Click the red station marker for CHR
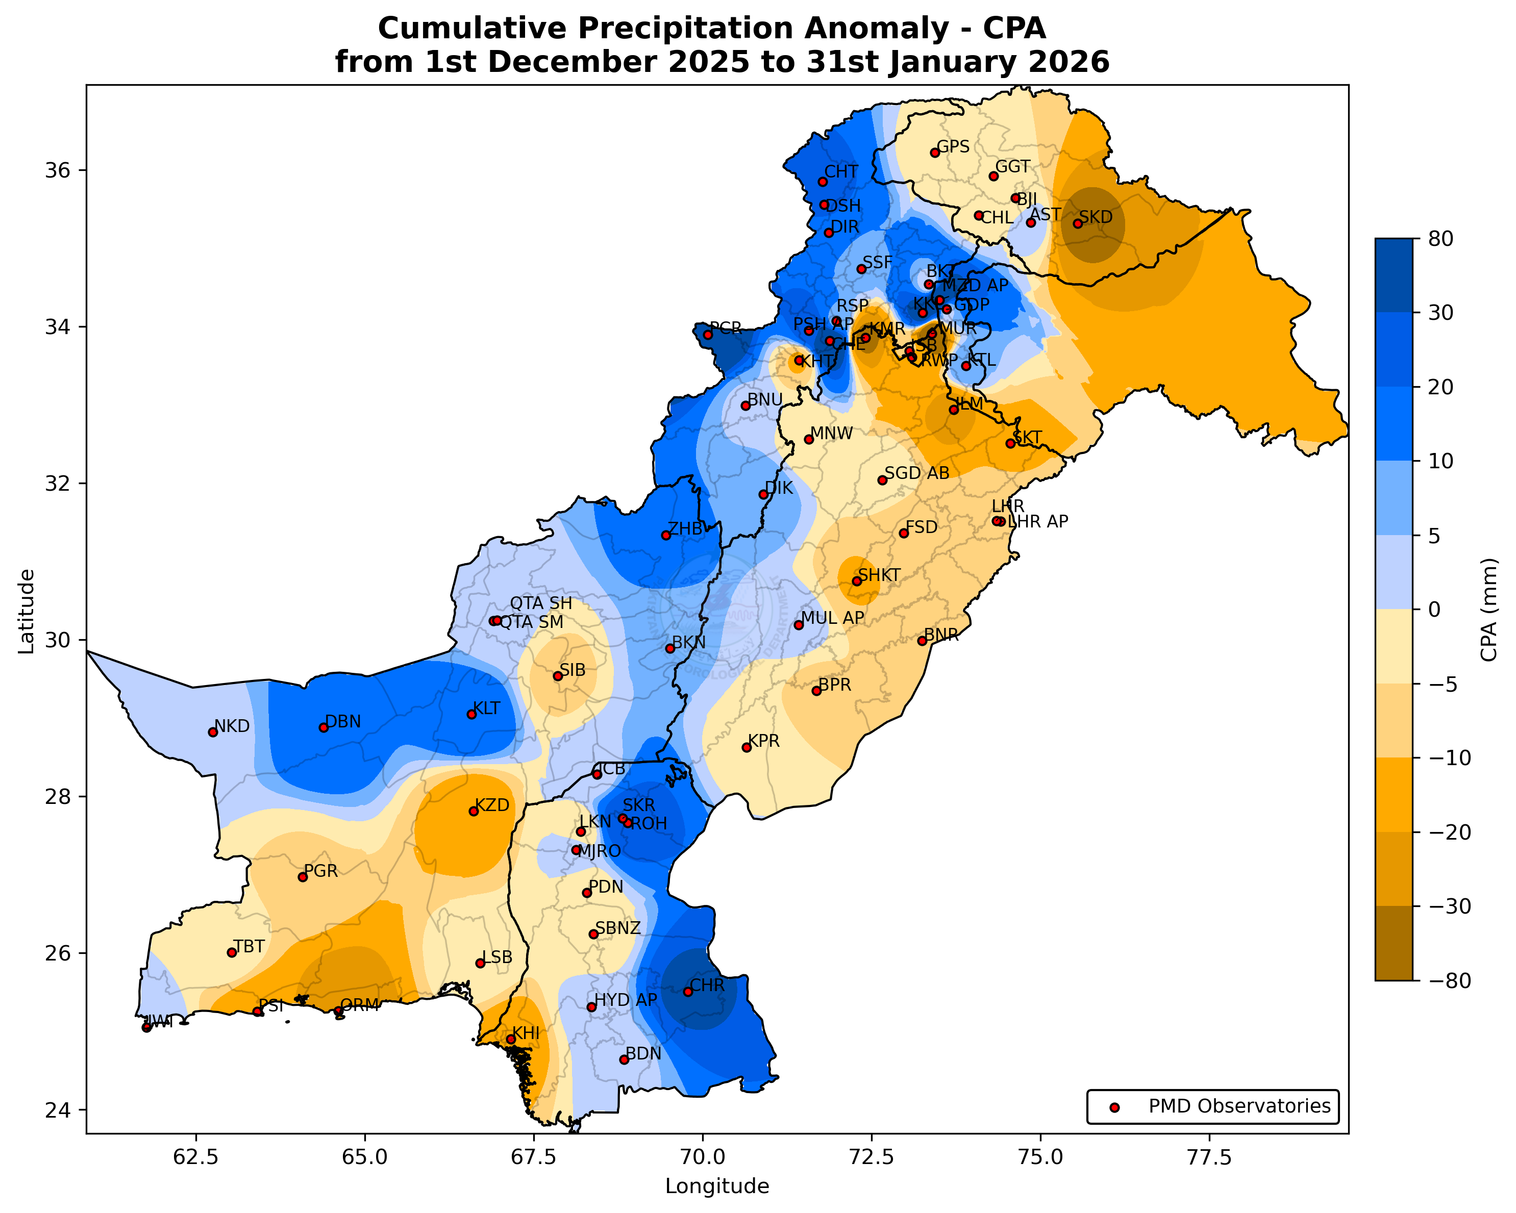pyautogui.click(x=688, y=992)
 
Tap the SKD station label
pyautogui.click(x=1096, y=217)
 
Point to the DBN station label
pyautogui.click(x=343, y=722)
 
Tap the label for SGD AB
pyautogui.click(x=917, y=473)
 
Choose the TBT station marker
pyautogui.click(x=231, y=952)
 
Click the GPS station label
pyautogui.click(x=954, y=147)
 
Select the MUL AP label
pyautogui.click(x=833, y=618)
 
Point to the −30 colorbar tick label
pyautogui.click(x=1443, y=906)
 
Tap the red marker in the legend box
pyautogui.click(x=1114, y=1107)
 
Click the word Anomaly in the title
pyautogui.click(x=889, y=29)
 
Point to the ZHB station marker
pyautogui.click(x=666, y=536)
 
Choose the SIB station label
pyautogui.click(x=573, y=670)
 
